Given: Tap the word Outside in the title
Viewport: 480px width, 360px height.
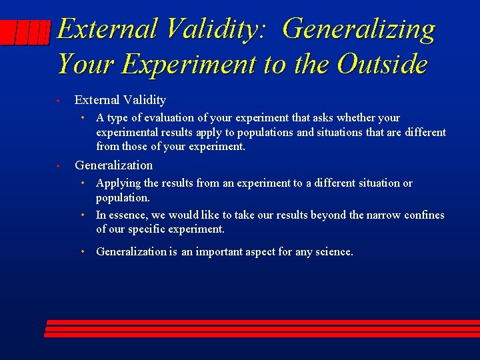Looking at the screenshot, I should pos(382,64).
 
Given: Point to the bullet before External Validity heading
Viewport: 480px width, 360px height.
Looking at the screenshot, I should pos(59,101).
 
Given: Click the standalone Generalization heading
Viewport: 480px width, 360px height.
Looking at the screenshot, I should pos(113,165).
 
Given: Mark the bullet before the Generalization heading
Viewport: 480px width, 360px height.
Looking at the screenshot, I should pos(59,166).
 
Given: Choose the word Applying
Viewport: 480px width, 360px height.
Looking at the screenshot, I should pos(118,183).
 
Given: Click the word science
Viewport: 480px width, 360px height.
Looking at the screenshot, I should pos(335,252).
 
